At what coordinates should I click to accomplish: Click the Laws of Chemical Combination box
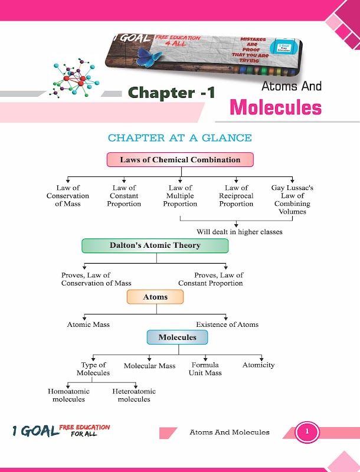180,160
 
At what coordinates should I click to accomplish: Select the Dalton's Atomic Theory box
155,245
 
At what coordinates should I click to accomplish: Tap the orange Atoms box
155,297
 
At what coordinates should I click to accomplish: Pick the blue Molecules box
177,337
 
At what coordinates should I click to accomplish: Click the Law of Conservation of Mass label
68,196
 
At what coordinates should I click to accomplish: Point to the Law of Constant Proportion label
124,196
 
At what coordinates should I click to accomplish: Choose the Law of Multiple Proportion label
180,196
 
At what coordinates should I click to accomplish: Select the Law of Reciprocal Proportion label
236,196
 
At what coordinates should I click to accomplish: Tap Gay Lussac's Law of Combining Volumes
292,199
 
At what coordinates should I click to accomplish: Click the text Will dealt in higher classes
239,232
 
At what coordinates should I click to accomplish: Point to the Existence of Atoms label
227,324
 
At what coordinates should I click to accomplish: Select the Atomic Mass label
89,324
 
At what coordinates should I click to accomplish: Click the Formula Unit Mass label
205,369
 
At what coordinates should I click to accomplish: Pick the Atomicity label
258,365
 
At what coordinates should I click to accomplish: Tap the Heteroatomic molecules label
134,395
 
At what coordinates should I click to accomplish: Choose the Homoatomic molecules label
68,395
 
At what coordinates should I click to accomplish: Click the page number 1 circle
307,432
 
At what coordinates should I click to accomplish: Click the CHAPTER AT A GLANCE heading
179,138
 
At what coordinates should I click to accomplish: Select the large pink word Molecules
276,108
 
